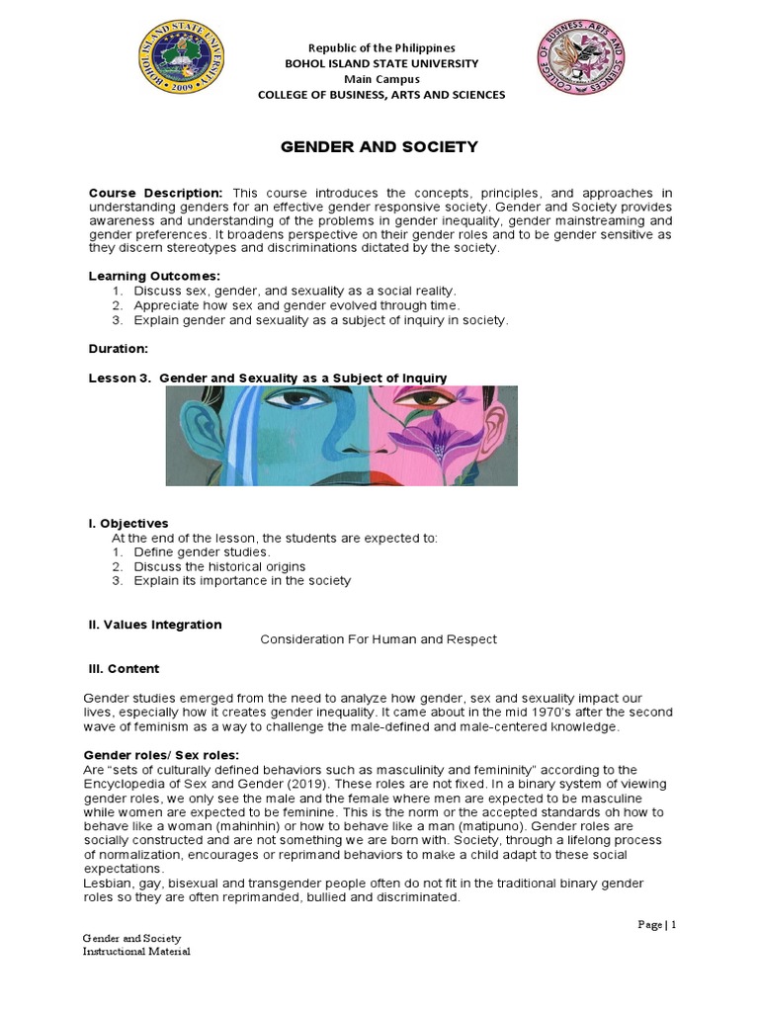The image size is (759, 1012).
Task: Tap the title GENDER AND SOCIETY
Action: (380, 146)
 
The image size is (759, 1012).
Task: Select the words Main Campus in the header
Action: (381, 79)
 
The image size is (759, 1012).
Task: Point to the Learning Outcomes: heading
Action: (155, 276)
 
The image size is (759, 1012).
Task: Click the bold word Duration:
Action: (119, 349)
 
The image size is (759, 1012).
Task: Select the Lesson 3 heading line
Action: (268, 378)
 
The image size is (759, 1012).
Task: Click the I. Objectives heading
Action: (128, 523)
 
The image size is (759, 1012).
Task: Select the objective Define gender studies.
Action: (202, 551)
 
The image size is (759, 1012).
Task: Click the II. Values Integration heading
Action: (155, 625)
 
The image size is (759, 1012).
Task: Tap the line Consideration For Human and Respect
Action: (379, 639)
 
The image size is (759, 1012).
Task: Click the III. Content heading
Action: (124, 669)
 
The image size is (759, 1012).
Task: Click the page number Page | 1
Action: (657, 925)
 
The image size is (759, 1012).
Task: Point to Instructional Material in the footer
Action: (135, 952)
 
